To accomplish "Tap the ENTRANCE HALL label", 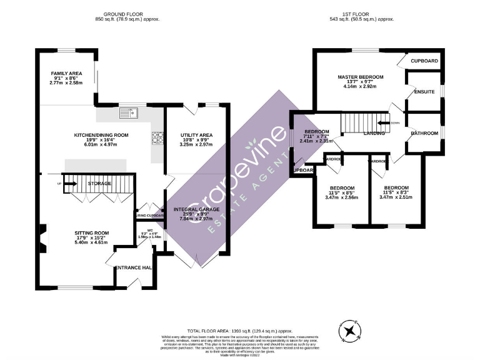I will pos(135,267).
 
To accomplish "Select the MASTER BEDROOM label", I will pos(361,77).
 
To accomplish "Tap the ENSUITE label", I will pos(424,92).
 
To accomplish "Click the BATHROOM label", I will pos(424,133).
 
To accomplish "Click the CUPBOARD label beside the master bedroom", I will pos(424,61).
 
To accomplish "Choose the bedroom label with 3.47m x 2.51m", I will pos(396,188).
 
